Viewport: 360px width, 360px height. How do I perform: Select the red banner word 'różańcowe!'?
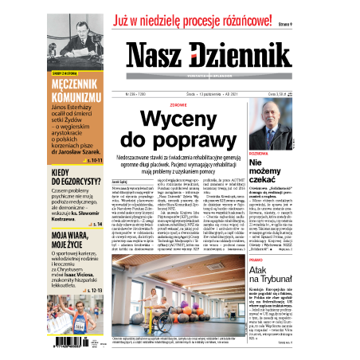coord(254,14)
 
